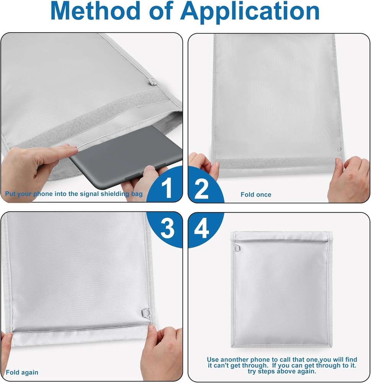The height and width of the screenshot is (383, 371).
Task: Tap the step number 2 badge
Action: click(x=202, y=188)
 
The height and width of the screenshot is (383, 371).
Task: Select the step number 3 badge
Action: click(x=167, y=229)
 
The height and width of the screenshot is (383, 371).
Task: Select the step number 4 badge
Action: click(x=202, y=229)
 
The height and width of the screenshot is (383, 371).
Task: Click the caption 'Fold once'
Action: click(x=256, y=195)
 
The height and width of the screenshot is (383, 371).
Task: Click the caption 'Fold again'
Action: click(x=22, y=372)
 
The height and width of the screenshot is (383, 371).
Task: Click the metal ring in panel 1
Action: click(x=151, y=81)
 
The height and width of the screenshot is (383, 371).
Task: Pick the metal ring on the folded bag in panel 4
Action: click(x=238, y=248)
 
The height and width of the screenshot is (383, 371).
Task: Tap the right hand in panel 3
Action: click(x=163, y=350)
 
